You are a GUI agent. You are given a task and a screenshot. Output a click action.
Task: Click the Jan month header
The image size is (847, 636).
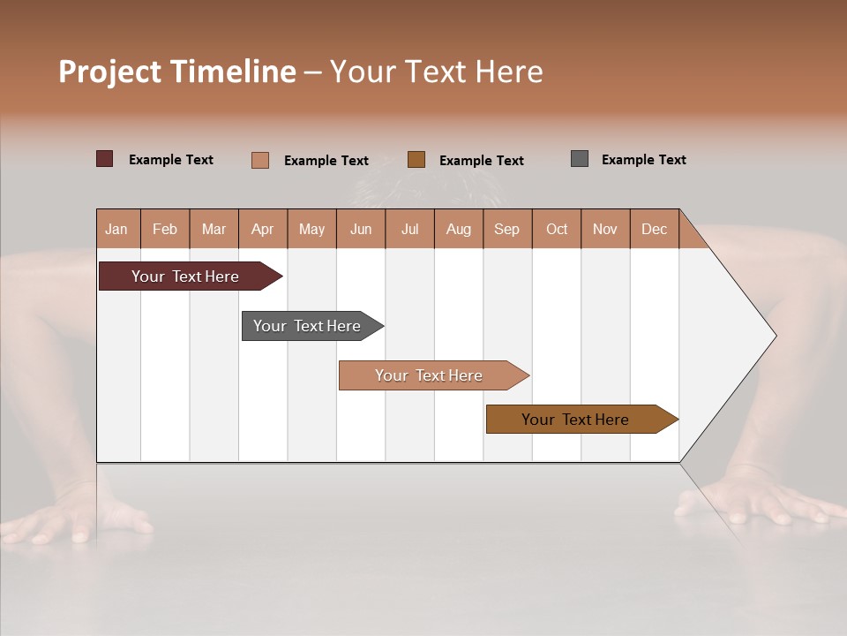pyautogui.click(x=116, y=229)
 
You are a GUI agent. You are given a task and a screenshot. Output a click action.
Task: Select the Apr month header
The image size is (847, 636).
pyautogui.click(x=262, y=229)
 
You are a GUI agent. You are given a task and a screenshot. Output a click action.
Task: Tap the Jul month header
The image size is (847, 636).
pyautogui.click(x=409, y=229)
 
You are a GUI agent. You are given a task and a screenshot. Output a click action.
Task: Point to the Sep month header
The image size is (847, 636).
pyautogui.click(x=506, y=229)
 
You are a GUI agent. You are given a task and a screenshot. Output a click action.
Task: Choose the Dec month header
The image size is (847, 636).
pyautogui.click(x=654, y=229)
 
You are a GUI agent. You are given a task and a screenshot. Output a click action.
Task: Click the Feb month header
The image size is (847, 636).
pyautogui.click(x=165, y=229)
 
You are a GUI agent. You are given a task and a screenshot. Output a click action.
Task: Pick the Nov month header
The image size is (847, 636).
pyautogui.click(x=604, y=229)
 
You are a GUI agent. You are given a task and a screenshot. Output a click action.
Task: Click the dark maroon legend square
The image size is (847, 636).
pyautogui.click(x=105, y=159)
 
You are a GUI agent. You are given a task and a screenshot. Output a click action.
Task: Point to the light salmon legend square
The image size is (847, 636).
pyautogui.click(x=260, y=160)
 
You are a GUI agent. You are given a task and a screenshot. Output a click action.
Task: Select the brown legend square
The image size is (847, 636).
pyautogui.click(x=416, y=159)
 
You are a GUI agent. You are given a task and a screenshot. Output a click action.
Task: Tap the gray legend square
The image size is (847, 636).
pyautogui.click(x=580, y=159)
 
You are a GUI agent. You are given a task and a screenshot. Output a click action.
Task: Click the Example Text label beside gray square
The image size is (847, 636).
pyautogui.click(x=643, y=160)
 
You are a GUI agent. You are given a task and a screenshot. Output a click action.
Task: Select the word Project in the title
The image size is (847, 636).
pyautogui.click(x=109, y=72)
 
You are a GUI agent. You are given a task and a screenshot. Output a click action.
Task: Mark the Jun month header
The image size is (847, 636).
pyautogui.click(x=361, y=229)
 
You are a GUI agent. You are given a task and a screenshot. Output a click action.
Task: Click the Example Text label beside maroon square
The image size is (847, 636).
pyautogui.click(x=170, y=160)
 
